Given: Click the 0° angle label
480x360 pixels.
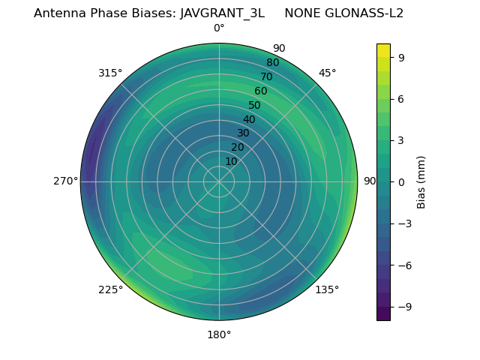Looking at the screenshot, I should (x=219, y=28).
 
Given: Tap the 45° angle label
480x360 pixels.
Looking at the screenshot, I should (x=327, y=73).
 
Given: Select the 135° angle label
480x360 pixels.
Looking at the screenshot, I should (x=327, y=289).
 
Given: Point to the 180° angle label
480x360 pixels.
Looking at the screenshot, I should (x=219, y=334).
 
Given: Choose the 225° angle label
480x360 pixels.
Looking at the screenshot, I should (x=110, y=289).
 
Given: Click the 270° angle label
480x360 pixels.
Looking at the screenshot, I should (x=65, y=181).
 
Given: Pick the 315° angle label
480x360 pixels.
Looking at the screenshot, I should (x=110, y=73).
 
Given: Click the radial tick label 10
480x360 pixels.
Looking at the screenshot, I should (x=231, y=162).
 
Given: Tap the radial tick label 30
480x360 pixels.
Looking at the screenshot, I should (x=243, y=133).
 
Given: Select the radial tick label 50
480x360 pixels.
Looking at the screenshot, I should (x=255, y=106).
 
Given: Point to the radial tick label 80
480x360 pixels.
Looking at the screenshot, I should (x=273, y=63).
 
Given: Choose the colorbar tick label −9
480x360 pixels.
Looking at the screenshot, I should (x=405, y=307).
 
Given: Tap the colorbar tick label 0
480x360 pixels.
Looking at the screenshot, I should (x=401, y=181).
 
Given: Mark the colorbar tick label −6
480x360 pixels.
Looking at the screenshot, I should (x=405, y=265).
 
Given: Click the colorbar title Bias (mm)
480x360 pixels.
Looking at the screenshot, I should (x=421, y=181).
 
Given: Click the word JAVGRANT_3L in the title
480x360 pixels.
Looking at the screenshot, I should (x=222, y=13).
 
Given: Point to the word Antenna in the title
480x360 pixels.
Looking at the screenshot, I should (x=59, y=13).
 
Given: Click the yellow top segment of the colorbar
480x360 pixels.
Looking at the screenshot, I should (x=383, y=50).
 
